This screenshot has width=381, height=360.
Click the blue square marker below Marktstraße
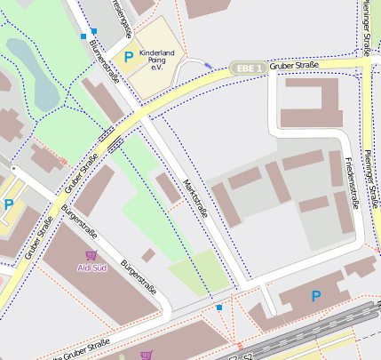coord(219,308)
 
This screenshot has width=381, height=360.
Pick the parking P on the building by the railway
coord(315,295)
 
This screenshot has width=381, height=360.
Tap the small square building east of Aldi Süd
coord(147,255)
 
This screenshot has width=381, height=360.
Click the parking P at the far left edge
coord(8,204)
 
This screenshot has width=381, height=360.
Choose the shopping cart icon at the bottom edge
coord(146,355)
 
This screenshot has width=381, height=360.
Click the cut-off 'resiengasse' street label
coord(122,16)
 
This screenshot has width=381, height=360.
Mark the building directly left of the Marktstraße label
coord(167,188)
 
